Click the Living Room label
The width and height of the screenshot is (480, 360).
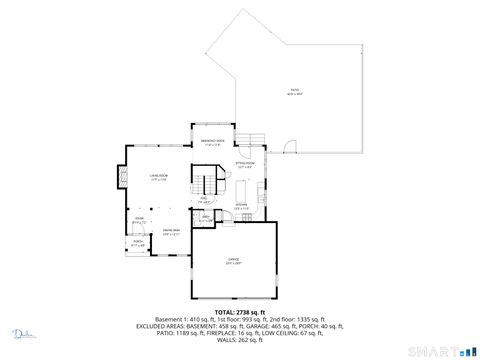pyautogui.click(x=158, y=177)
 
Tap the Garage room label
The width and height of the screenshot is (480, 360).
pyautogui.click(x=232, y=264)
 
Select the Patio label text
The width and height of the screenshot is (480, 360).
pyautogui.click(x=294, y=92)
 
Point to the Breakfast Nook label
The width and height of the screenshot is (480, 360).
pyautogui.click(x=212, y=142)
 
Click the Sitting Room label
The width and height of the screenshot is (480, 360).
pyautogui.click(x=245, y=163)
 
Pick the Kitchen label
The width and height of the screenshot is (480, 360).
pyautogui.click(x=242, y=207)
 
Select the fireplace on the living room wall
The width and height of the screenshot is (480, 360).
pyautogui.click(x=125, y=179)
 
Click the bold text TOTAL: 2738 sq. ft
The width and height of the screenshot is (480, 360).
pyautogui.click(x=240, y=312)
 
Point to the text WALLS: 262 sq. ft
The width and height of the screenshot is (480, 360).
pyautogui.click(x=240, y=340)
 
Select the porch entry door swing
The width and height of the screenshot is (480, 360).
pyautogui.click(x=129, y=233)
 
